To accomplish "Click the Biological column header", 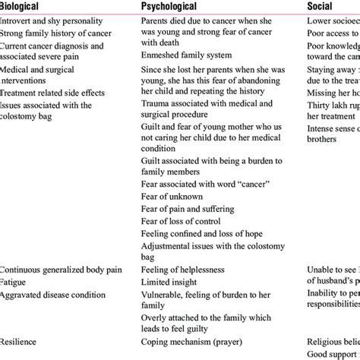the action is pos(28,8).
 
